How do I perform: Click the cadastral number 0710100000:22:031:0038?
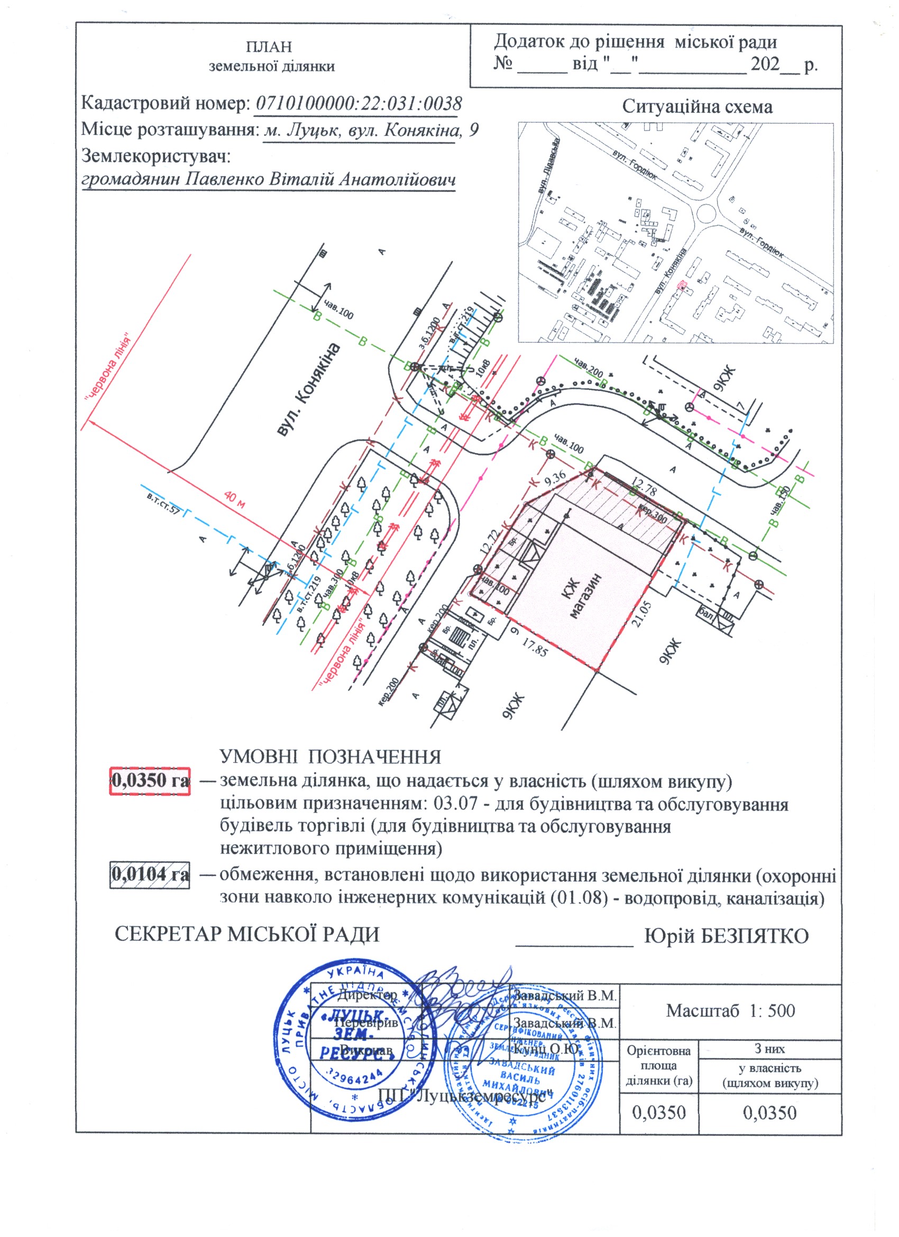358,104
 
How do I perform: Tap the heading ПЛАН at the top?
269,47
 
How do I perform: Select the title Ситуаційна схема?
698,106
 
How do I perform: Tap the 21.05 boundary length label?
643,615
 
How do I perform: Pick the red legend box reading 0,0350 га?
150,780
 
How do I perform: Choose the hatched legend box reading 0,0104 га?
150,874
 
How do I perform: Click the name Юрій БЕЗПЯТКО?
726,936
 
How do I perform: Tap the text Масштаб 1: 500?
730,1011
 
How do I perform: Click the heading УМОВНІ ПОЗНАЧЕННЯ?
330,757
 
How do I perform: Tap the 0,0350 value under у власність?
769,1113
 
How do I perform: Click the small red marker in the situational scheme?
681,284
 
